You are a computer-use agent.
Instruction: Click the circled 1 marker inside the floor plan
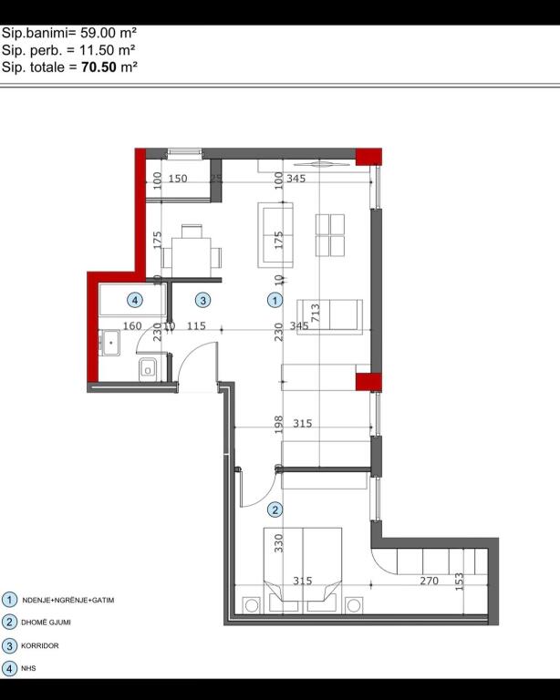click(275, 299)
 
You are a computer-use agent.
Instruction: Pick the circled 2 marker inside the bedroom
click(275, 510)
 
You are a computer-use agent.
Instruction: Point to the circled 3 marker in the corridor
click(203, 299)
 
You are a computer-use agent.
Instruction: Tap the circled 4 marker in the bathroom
click(134, 299)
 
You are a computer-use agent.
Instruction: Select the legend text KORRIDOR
click(41, 645)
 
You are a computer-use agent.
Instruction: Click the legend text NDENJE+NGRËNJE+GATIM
click(68, 601)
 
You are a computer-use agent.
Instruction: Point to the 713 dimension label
click(315, 310)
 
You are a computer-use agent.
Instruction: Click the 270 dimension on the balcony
click(429, 581)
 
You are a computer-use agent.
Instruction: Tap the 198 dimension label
click(279, 422)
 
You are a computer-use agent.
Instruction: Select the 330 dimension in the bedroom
click(279, 543)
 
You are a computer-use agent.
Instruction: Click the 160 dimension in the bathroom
click(132, 325)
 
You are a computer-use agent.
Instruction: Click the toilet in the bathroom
click(150, 368)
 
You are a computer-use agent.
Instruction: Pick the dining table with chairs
click(192, 246)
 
